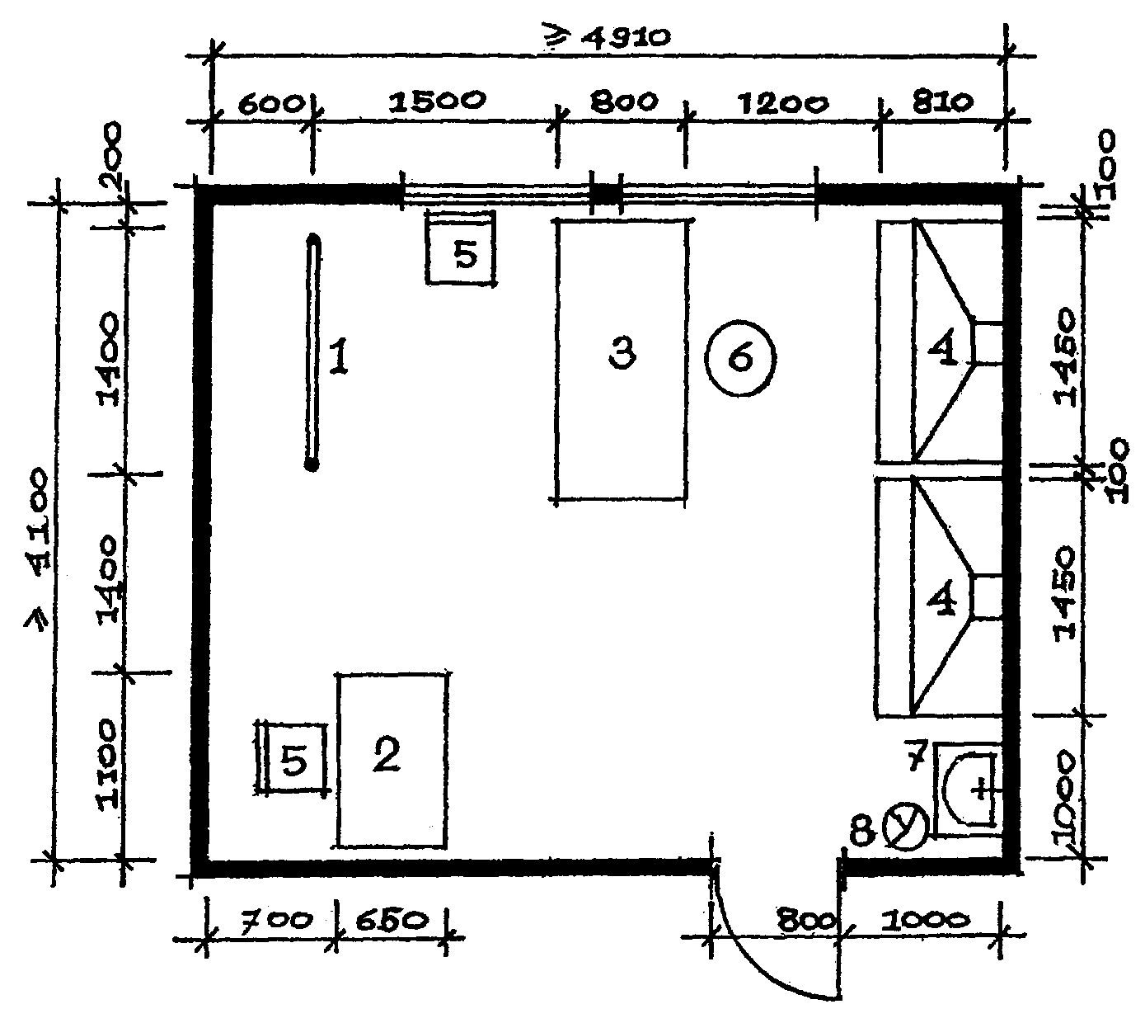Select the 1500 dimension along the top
[x=437, y=101]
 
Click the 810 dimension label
[x=942, y=101]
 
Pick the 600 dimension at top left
[x=271, y=105]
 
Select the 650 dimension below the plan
[x=392, y=921]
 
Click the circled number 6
[x=739, y=357]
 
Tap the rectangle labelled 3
[x=622, y=361]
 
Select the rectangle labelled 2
[x=392, y=760]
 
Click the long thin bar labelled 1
[x=312, y=351]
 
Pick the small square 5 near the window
[x=461, y=247]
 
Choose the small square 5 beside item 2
[x=292, y=758]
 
